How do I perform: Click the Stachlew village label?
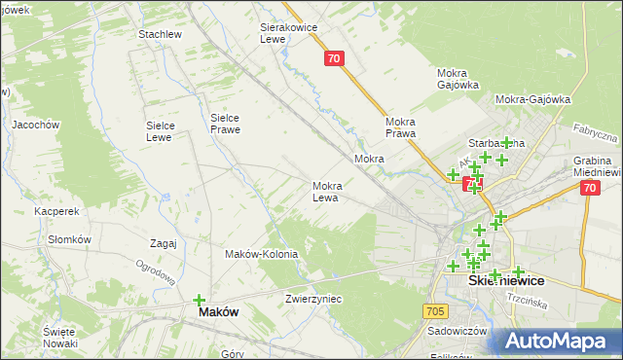161,34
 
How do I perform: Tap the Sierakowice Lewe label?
289,33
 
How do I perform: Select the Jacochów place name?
36,125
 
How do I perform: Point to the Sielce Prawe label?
225,124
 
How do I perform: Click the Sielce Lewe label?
160,131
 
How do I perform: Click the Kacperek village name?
55,210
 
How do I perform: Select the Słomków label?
69,239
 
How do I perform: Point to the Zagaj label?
164,243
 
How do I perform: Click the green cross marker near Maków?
200,301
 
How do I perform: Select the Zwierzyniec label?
314,299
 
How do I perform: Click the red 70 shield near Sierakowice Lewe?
334,58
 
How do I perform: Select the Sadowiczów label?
457,331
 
